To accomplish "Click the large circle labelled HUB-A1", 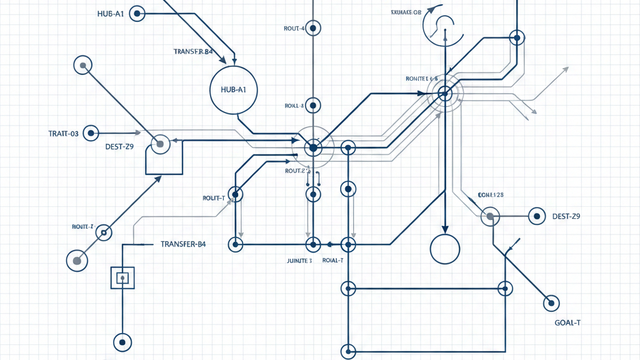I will pos(234,90).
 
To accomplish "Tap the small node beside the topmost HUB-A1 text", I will pos(137,12).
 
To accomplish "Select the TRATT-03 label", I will pos(63,134).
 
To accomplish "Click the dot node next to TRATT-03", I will pos(92,133).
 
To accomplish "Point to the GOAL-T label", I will pos(567,323).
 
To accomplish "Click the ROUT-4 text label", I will pos(294,29).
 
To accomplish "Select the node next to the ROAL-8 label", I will pos(313,106).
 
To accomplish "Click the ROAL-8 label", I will pos(294,106).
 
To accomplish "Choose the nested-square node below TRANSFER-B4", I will pos(122,277).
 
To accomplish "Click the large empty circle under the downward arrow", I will pos(445,249).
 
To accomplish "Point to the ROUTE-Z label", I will pos(82,226).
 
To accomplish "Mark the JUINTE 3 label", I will pos(294,261).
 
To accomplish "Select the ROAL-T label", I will pos(332,261).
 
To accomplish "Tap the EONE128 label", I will pos(491,195).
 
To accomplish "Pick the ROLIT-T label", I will pos(214,198).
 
